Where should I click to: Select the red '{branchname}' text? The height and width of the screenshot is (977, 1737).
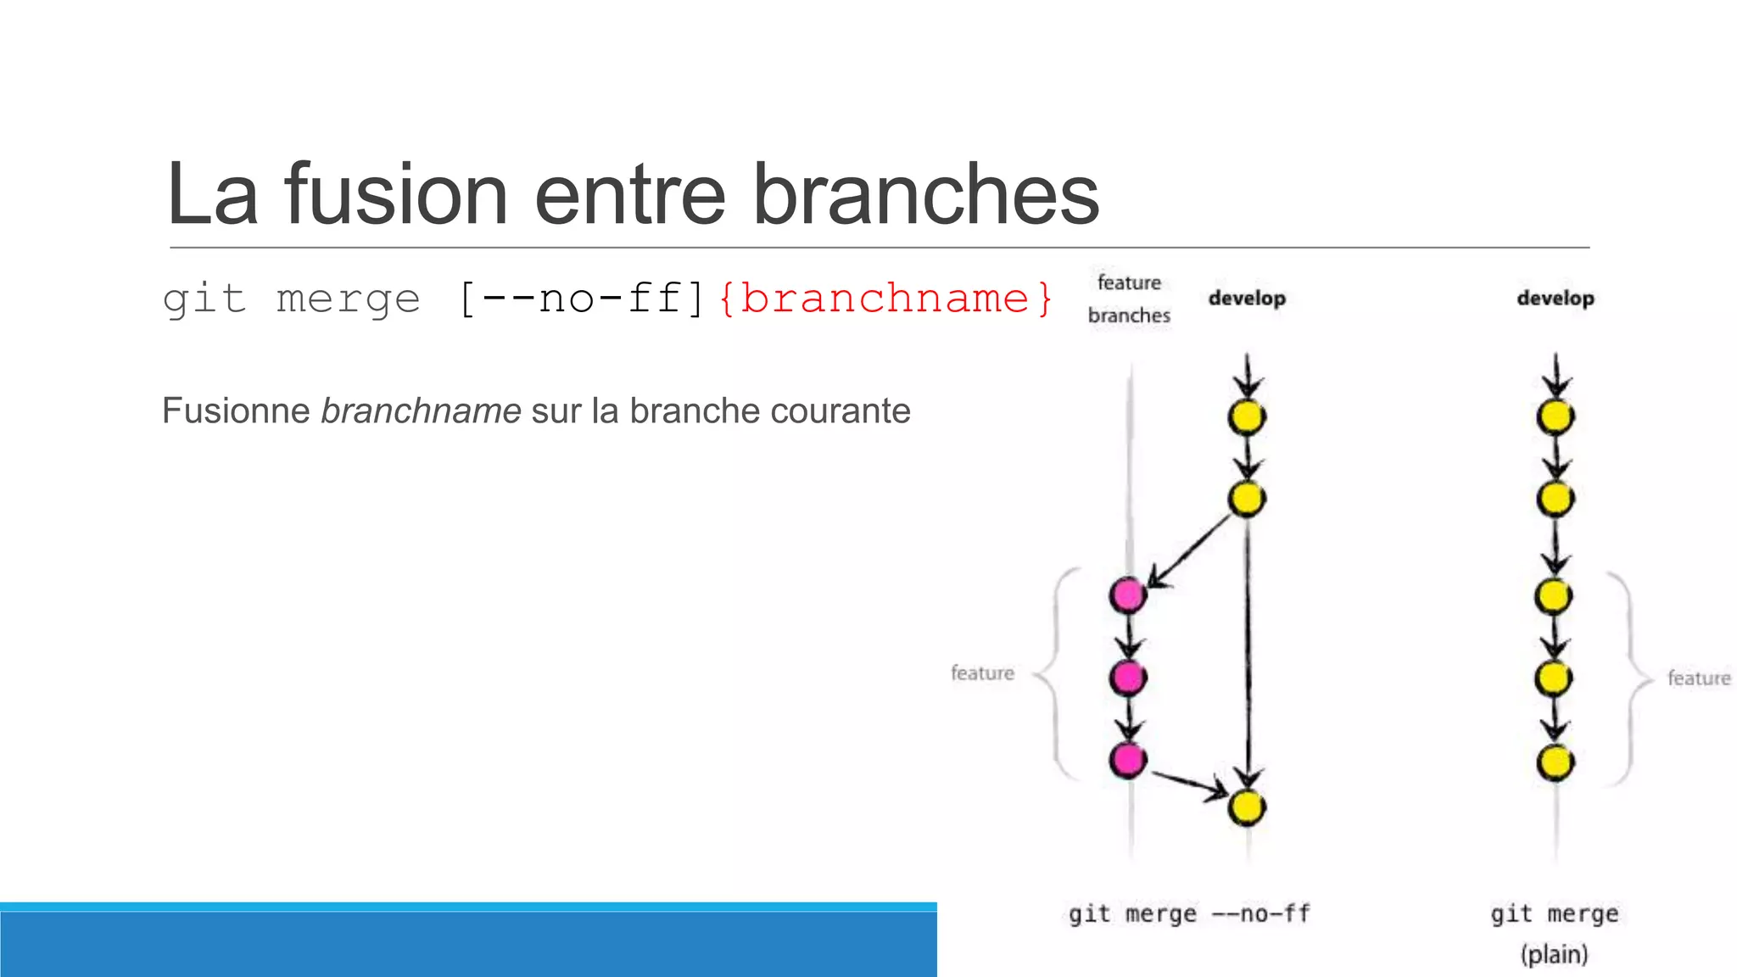885,299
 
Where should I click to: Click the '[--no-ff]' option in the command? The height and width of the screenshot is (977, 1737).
582,299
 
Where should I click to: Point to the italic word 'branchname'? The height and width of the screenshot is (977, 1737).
421,411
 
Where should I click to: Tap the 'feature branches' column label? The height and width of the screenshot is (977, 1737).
1129,299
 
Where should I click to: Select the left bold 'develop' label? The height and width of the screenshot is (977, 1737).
1247,299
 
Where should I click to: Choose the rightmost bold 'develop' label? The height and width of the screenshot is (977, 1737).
1555,299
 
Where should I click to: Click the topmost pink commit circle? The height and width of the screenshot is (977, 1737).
1128,595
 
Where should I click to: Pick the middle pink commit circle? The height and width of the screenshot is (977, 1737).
1128,677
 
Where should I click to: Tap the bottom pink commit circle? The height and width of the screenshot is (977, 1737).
1128,759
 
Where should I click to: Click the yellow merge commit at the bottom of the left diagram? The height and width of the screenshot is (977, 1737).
1247,807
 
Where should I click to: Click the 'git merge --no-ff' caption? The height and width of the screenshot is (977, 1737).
1189,914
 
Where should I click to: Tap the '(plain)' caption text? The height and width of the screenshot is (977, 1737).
1554,955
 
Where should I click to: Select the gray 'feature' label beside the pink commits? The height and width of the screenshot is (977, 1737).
982,673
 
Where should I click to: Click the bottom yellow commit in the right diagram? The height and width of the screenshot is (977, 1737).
1555,762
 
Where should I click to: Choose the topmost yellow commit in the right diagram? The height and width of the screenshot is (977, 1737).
1555,416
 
